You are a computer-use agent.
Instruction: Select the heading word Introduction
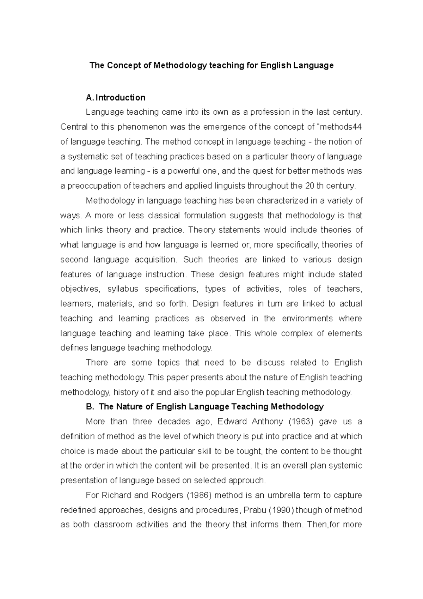(120, 97)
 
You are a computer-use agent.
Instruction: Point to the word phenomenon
(137, 127)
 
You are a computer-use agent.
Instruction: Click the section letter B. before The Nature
(90, 407)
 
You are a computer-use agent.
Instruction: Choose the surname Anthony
(268, 422)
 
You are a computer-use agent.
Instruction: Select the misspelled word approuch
(246, 480)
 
